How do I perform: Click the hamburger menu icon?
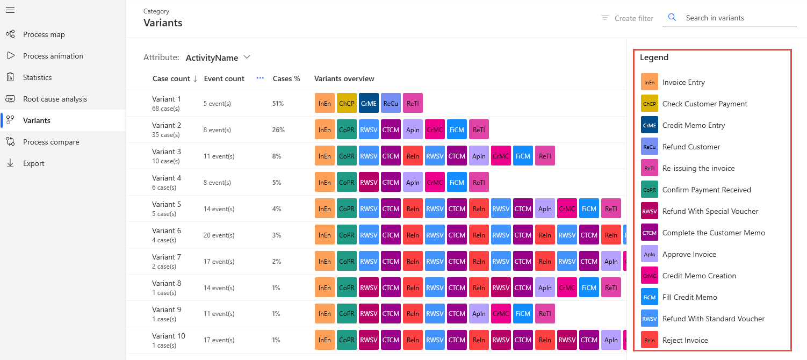(10, 10)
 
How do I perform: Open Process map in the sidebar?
(44, 34)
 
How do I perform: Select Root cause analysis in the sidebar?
(55, 99)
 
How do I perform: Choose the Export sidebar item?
(33, 163)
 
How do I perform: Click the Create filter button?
(627, 18)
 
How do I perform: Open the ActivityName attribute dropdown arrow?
(247, 57)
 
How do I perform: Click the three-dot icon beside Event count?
(261, 78)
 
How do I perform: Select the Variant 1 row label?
(167, 99)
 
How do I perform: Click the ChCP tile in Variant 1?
(347, 103)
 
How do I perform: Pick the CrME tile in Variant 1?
(369, 103)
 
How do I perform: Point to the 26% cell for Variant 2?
(278, 130)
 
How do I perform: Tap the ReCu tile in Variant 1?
(391, 103)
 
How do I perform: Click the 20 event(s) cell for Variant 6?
(219, 235)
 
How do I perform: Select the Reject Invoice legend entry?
(685, 340)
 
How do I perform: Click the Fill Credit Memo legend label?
(689, 297)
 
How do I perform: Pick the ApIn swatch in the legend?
(649, 254)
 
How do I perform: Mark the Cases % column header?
(286, 78)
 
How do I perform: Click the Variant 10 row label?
(168, 336)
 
